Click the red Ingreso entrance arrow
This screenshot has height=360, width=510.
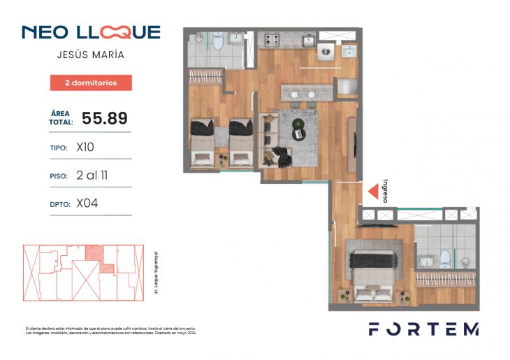point(373,191)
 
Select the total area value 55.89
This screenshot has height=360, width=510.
point(105,118)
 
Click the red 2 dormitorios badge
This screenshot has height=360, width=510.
point(91,82)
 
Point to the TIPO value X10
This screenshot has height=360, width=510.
point(85,147)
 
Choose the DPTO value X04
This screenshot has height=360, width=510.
point(86,203)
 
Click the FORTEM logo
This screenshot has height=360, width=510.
point(423,329)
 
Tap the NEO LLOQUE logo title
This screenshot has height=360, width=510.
point(91,32)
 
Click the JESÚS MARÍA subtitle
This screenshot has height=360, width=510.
point(91,54)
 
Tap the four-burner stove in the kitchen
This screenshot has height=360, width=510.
point(270,40)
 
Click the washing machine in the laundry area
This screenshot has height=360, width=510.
point(326,52)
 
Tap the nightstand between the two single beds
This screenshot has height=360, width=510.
point(222,159)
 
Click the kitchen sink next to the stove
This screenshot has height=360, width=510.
point(308,41)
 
